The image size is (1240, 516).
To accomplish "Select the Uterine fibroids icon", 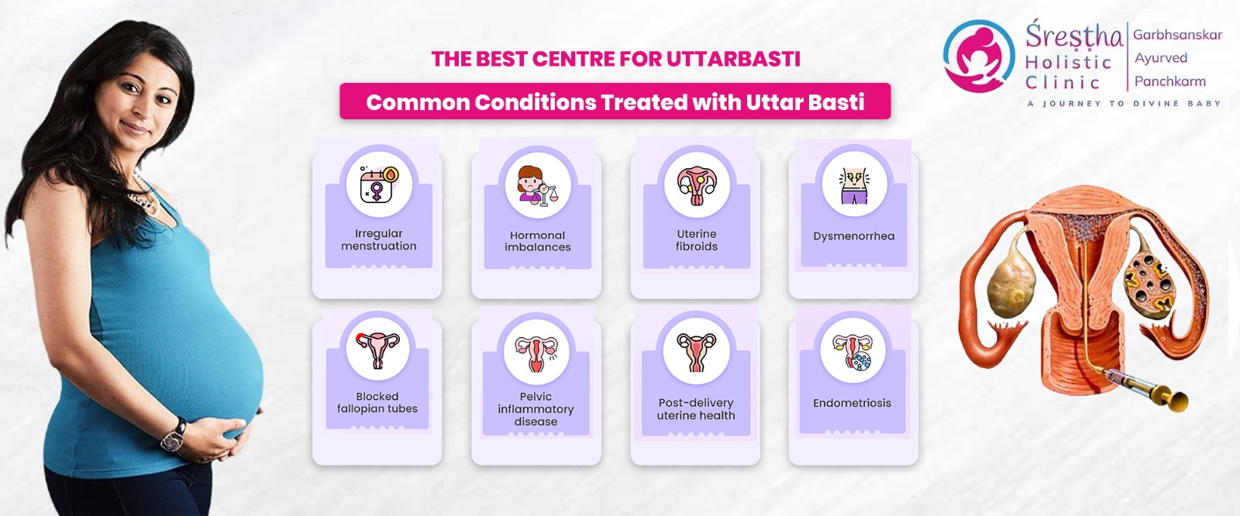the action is [697, 185].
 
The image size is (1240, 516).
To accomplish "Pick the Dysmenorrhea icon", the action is [854, 185].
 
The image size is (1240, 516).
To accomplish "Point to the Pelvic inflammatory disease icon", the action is [536, 353].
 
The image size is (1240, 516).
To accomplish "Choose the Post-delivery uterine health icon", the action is [696, 352].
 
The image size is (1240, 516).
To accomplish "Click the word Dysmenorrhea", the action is [853, 236].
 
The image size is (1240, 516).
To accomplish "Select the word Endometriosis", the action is [852, 403].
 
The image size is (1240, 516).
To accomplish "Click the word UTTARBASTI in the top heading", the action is [733, 59].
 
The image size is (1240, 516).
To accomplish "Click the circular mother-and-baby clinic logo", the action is [979, 56].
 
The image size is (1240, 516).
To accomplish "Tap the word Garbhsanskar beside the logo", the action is [1177, 35].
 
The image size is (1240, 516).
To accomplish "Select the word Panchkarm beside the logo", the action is [1169, 81].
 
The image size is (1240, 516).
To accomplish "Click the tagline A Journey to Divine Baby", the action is [1124, 104].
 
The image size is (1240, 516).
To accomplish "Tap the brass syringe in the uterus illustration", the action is [1140, 386].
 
